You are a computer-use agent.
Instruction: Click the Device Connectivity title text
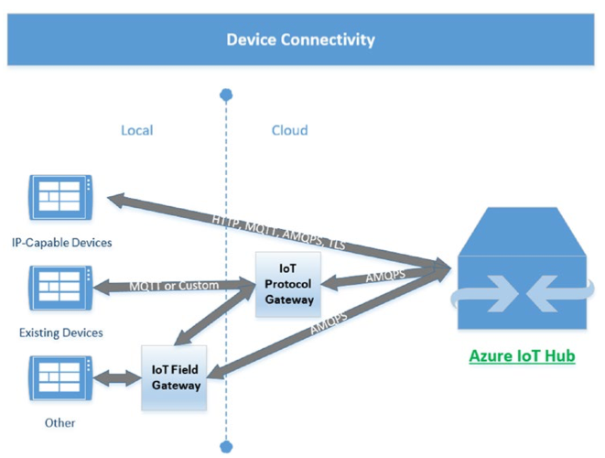coord(300,39)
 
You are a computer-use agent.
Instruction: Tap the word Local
coord(136,130)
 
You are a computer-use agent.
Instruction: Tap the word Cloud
coord(289,130)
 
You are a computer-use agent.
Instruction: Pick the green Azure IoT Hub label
coord(522,355)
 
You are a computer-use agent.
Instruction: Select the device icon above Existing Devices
coord(61,287)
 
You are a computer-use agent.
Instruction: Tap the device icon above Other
coord(61,376)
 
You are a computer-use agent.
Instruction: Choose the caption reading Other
coord(60,422)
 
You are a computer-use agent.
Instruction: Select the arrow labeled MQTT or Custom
coord(174,286)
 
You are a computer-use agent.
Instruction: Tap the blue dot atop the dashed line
coord(226,94)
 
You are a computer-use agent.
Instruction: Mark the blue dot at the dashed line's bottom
coord(226,447)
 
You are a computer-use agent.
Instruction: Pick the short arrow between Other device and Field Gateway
coord(119,376)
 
